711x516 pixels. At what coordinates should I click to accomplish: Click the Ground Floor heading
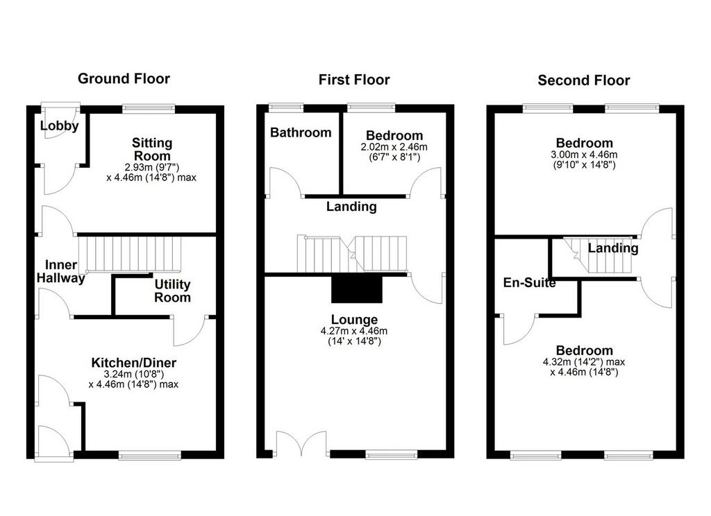tap(124, 78)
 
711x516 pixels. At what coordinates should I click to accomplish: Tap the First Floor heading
tap(354, 80)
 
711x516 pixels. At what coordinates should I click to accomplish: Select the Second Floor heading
tap(584, 80)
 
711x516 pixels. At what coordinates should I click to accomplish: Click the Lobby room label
tap(60, 126)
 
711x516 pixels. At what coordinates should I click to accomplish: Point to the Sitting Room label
tap(152, 149)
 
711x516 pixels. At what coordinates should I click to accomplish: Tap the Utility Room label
tap(172, 291)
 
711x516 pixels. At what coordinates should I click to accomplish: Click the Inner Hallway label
tap(61, 271)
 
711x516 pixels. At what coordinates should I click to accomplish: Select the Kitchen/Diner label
tap(134, 363)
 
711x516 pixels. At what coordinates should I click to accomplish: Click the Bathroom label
tap(301, 132)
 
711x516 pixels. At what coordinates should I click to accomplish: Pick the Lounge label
tap(354, 320)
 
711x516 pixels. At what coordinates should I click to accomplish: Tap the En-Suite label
tap(530, 283)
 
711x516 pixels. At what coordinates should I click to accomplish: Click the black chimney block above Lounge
tap(357, 289)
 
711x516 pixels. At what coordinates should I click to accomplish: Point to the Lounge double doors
tap(301, 443)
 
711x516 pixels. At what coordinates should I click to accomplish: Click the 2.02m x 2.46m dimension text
tap(394, 147)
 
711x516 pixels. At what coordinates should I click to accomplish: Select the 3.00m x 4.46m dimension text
tap(584, 155)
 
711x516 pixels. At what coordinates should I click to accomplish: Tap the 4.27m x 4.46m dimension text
tap(354, 331)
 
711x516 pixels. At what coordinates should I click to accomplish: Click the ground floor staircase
tap(130, 255)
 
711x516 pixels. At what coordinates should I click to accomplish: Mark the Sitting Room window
tap(149, 109)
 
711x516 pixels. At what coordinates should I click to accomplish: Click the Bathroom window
tap(286, 108)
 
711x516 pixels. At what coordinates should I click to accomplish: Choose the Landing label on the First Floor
tap(351, 207)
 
